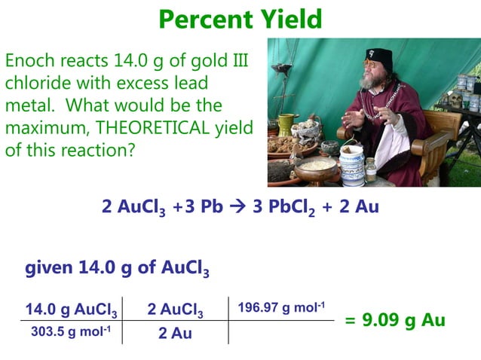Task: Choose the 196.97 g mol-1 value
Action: (x=281, y=307)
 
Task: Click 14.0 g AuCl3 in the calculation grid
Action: (x=71, y=310)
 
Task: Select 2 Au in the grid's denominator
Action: (x=175, y=332)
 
